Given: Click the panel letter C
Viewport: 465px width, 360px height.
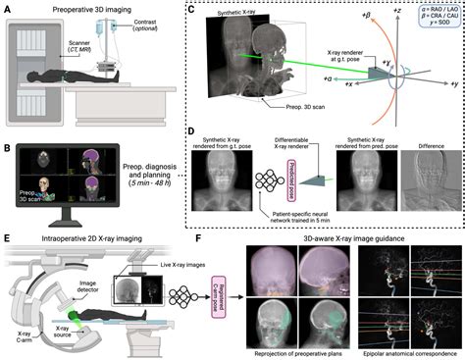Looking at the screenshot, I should tap(192, 8).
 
